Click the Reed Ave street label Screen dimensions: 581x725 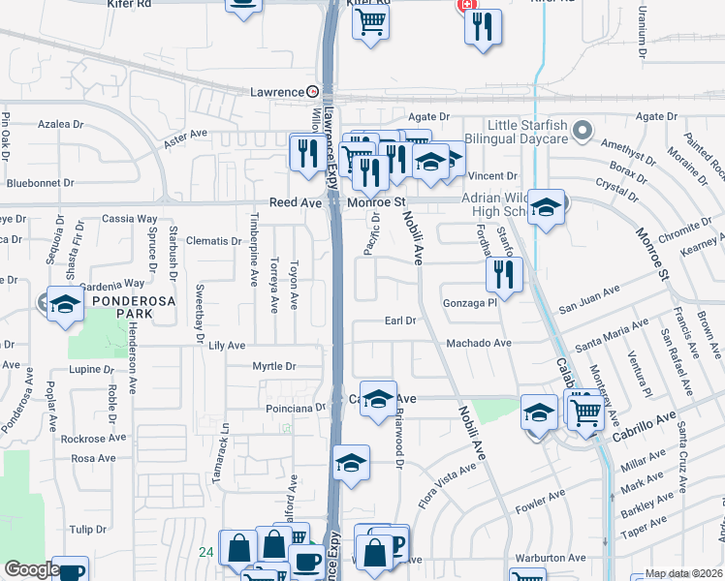[x=295, y=202]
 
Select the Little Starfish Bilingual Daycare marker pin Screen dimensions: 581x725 [x=583, y=130]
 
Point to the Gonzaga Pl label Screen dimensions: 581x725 [x=469, y=303]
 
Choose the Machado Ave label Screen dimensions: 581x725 [x=478, y=343]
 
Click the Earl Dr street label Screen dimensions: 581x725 [x=399, y=321]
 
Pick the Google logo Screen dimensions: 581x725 [x=32, y=570]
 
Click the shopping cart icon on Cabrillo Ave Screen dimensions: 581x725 [x=585, y=412]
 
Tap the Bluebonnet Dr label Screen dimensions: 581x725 [x=40, y=182]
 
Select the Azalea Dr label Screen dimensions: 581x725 [x=61, y=125]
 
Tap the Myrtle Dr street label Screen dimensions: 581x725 [x=273, y=366]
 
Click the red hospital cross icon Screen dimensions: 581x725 [x=468, y=5]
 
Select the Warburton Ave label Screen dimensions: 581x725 [x=551, y=558]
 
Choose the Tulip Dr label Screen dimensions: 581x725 [x=87, y=530]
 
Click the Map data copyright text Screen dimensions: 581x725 [x=682, y=573]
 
